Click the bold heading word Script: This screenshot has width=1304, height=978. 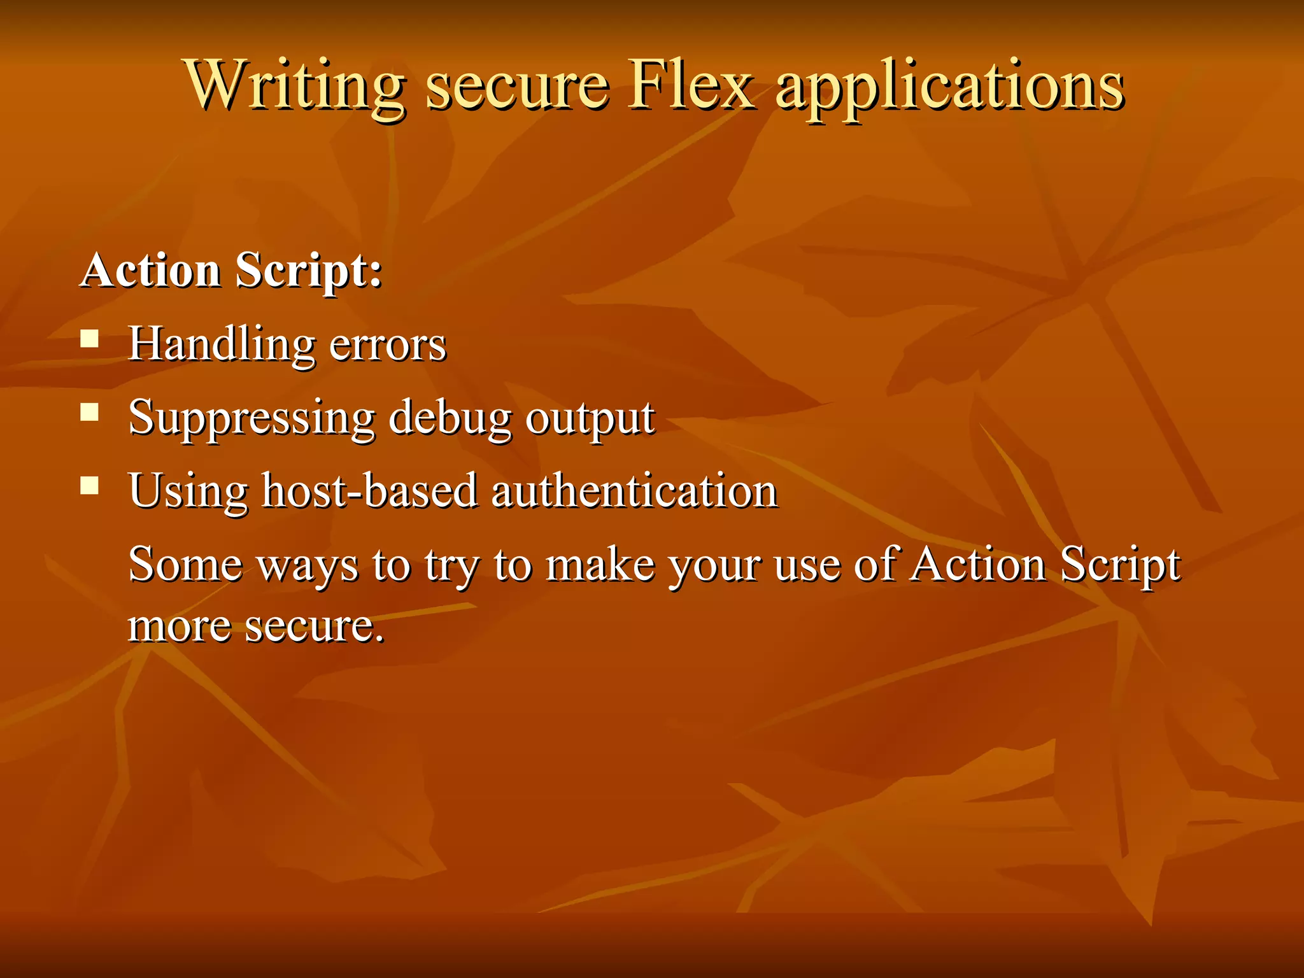coord(309,271)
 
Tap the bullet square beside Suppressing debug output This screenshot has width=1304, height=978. coord(90,412)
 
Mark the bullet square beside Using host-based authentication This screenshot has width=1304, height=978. coord(90,486)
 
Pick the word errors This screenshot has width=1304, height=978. coord(388,344)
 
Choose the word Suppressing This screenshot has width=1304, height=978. coord(252,418)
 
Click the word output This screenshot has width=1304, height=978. coord(590,418)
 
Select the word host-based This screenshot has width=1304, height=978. coord(369,491)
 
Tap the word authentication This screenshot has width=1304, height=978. coord(634,491)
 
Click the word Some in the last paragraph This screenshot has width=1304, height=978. coord(185,564)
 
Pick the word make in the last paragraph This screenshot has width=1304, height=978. coord(600,564)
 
